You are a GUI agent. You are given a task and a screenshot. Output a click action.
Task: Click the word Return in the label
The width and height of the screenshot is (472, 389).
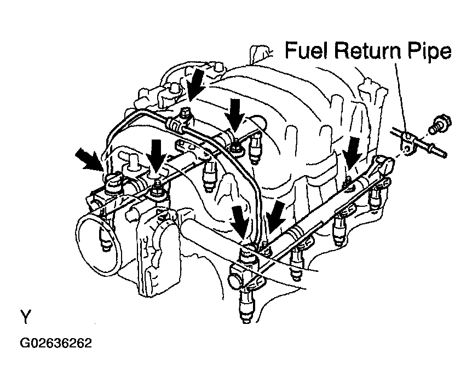[x=368, y=50]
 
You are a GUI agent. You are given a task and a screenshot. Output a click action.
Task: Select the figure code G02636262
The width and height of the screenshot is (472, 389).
[x=56, y=343]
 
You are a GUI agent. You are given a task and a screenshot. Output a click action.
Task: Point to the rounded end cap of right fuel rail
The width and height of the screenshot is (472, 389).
[x=385, y=165]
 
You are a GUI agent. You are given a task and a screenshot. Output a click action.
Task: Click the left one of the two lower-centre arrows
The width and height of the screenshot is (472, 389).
[x=241, y=221]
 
